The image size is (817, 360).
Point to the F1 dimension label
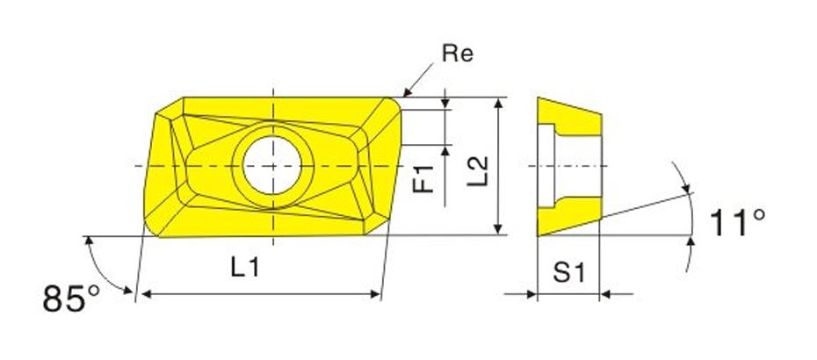[426, 178]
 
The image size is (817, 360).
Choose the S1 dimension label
[568, 273]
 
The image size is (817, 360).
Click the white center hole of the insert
[273, 165]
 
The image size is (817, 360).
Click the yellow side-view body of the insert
[581, 123]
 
